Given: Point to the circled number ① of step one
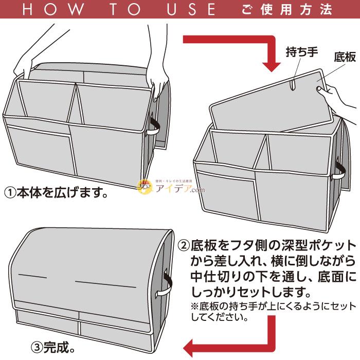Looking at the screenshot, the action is pyautogui.click(x=10, y=193).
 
